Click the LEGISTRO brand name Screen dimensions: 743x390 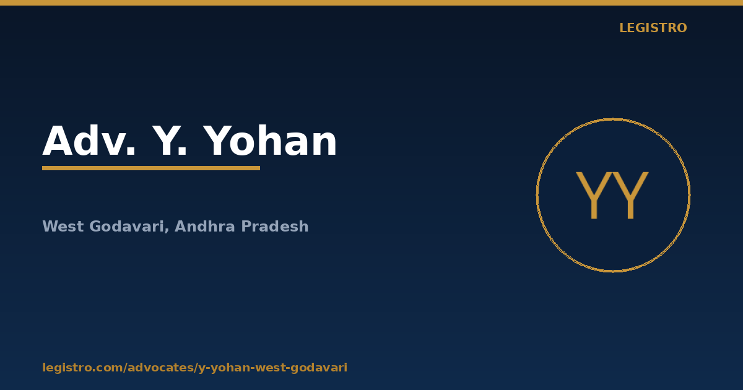pyautogui.click(x=653, y=28)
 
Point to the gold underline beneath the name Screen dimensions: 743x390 pyautogui.click(x=151, y=168)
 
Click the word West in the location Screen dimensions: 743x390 pyautogui.click(x=63, y=227)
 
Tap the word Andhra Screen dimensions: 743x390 pyautogui.click(x=205, y=226)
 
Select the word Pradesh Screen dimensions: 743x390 pyautogui.click(x=275, y=226)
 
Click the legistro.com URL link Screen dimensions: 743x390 pyautogui.click(x=194, y=368)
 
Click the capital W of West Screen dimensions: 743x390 pyautogui.click(x=50, y=227)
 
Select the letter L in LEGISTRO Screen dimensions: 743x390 pyautogui.click(x=624, y=28)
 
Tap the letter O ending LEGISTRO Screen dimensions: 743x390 pyautogui.click(x=682, y=28)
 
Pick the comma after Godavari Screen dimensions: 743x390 pyautogui.click(x=167, y=231)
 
